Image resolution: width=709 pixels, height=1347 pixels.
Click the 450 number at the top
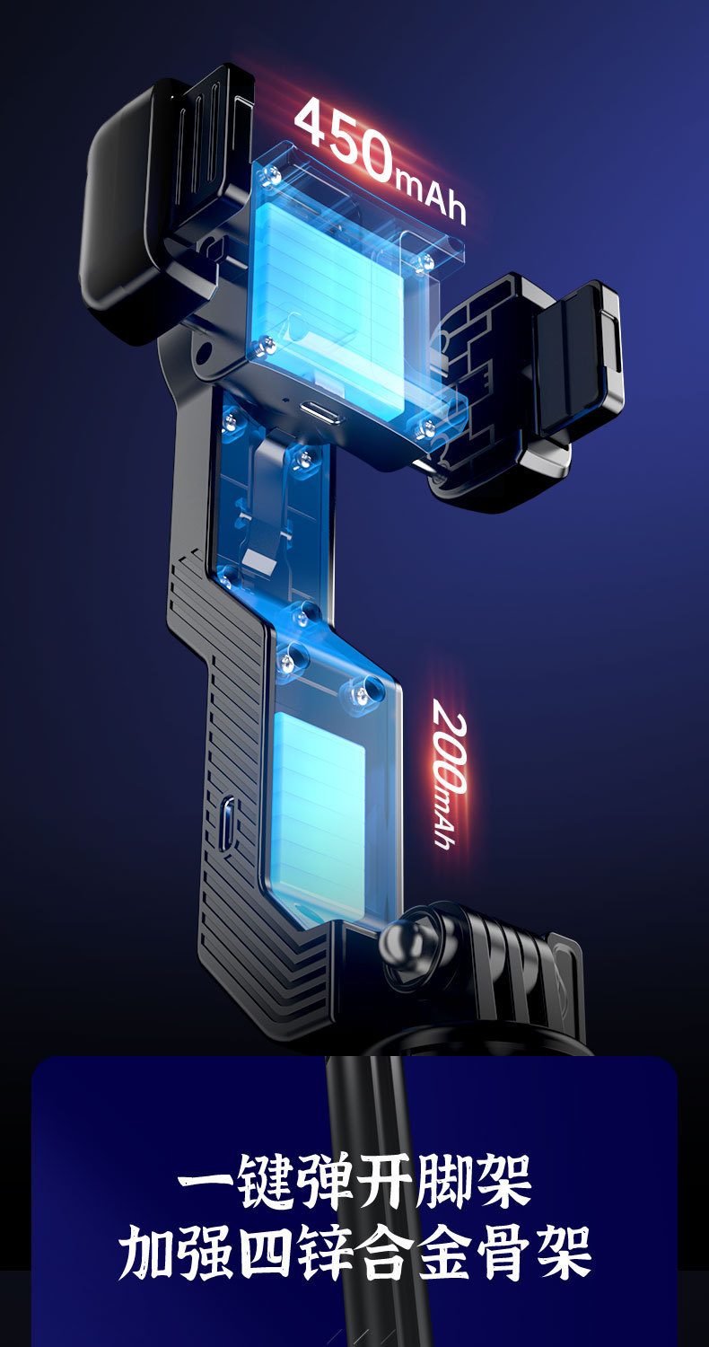click(x=346, y=139)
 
